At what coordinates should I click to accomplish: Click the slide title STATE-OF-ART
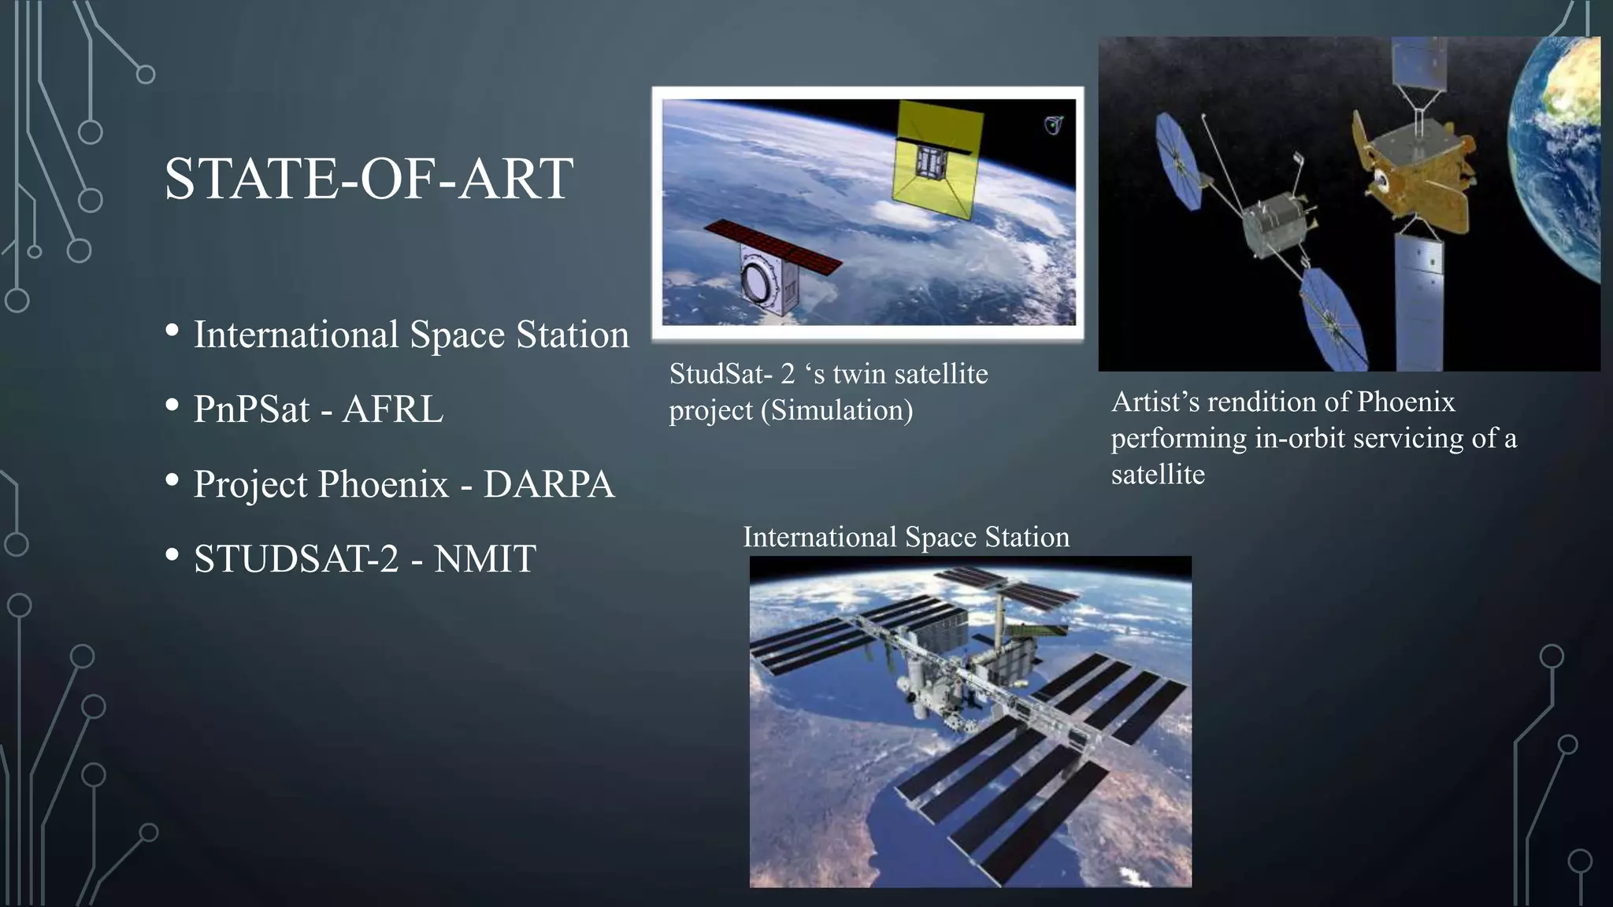click(369, 180)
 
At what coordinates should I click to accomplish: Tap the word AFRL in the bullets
click(393, 409)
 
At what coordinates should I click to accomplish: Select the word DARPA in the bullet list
click(549, 484)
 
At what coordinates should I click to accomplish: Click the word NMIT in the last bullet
click(484, 559)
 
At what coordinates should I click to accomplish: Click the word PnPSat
click(251, 409)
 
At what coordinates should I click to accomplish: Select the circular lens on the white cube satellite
click(759, 283)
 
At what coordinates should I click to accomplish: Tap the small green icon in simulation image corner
click(1053, 124)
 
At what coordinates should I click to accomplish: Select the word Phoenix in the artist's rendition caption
click(1406, 402)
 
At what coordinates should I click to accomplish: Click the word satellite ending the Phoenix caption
click(1158, 475)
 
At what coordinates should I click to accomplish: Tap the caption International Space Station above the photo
click(906, 537)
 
